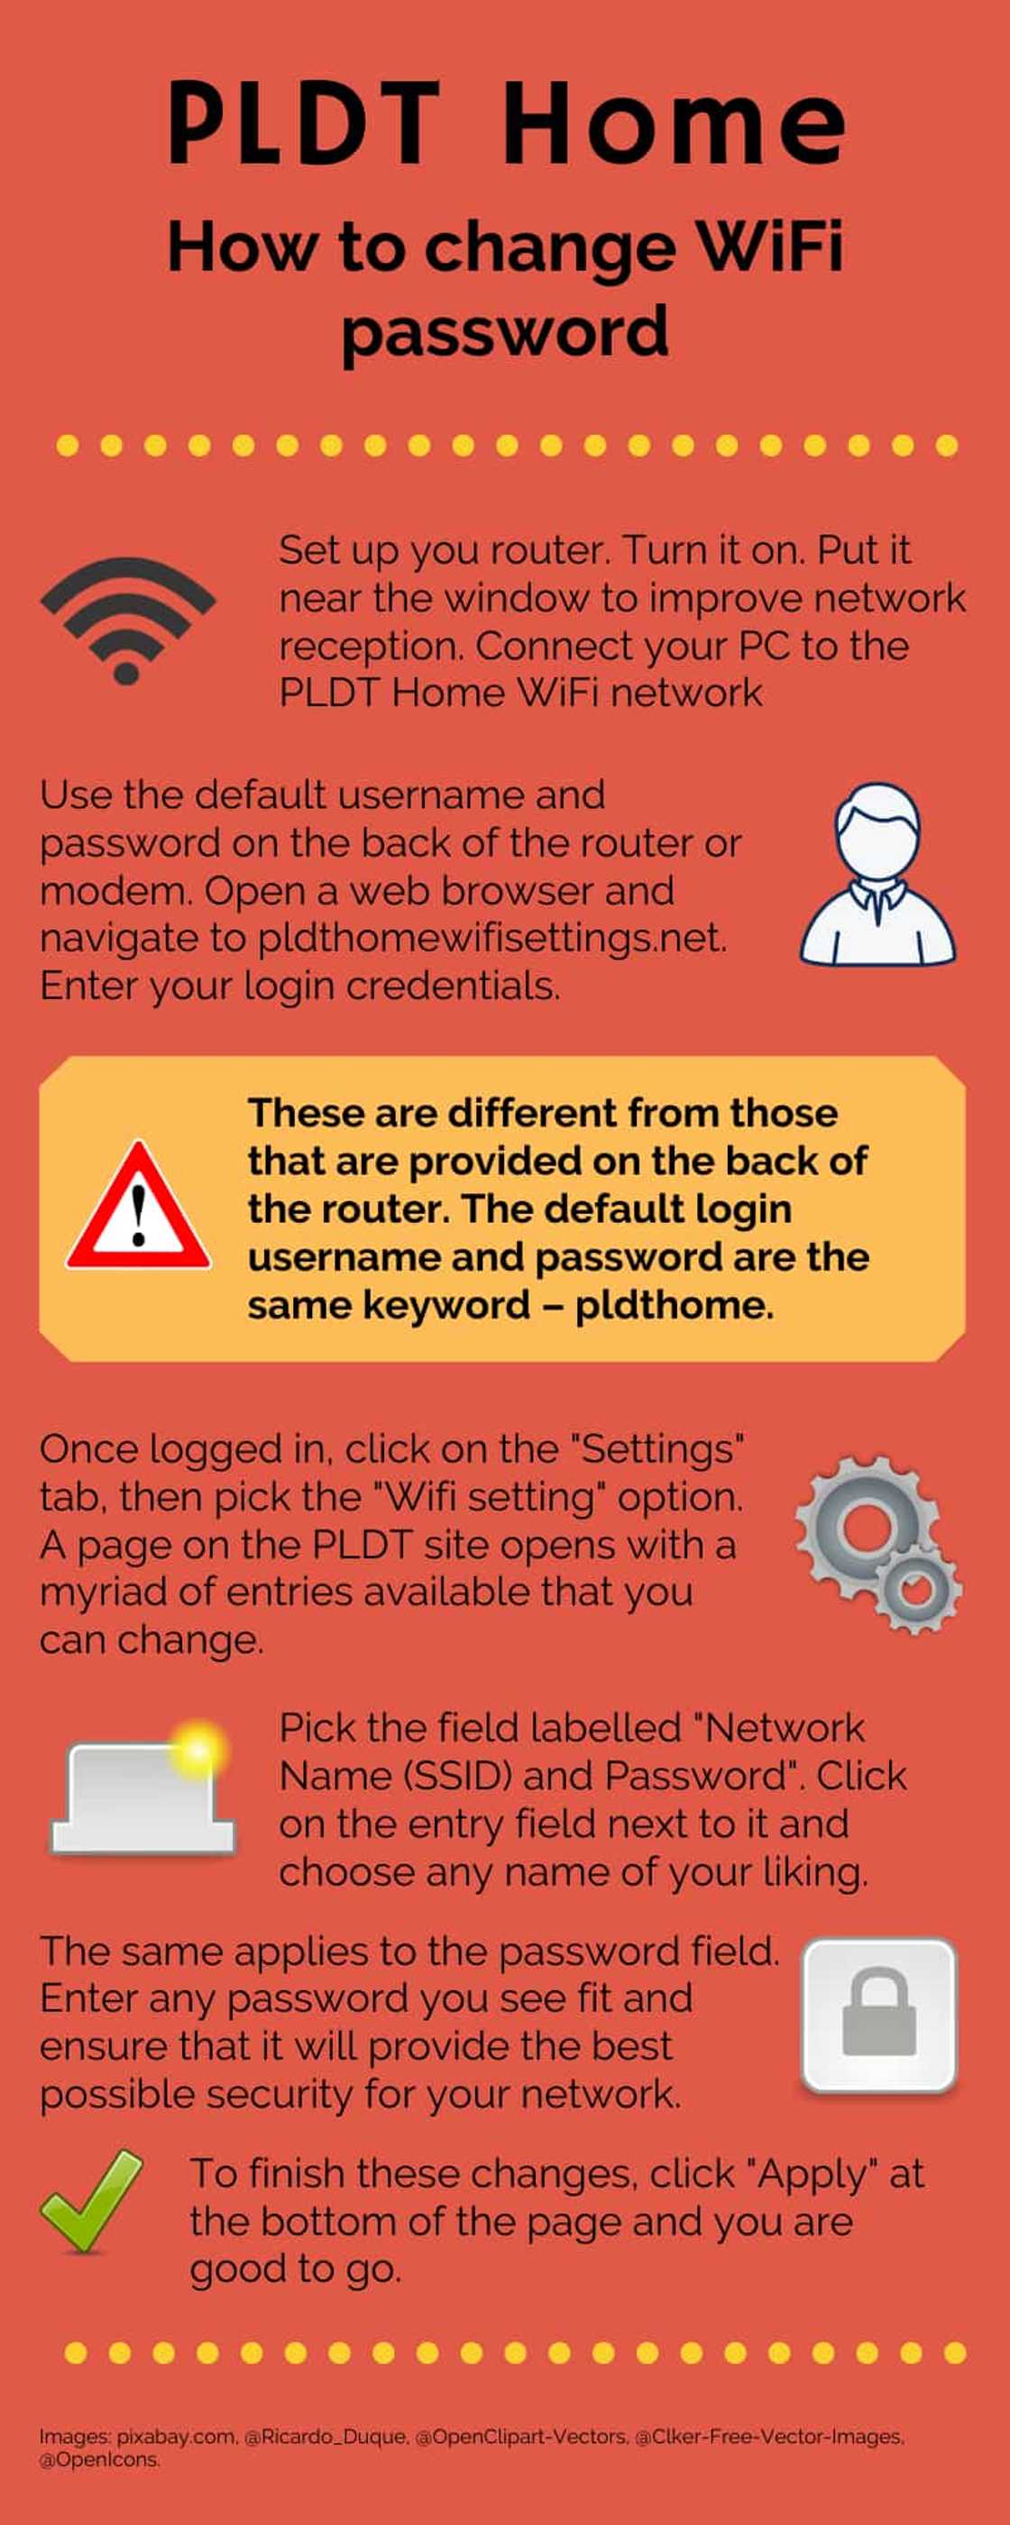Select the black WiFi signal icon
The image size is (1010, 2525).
(x=127, y=620)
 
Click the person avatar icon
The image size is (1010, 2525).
(x=877, y=875)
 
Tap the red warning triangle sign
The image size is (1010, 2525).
(x=138, y=1207)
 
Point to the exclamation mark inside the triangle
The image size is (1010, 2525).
(x=138, y=1214)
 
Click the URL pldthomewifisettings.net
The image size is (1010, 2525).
(x=492, y=938)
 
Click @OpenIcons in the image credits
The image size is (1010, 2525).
(x=99, y=2460)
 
